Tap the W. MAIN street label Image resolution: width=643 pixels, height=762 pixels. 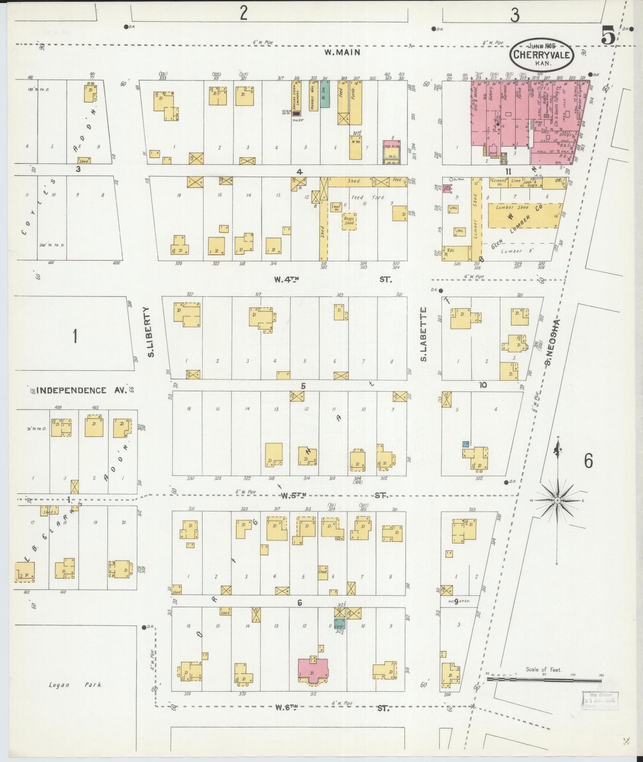342,52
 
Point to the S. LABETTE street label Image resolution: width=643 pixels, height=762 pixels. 423,334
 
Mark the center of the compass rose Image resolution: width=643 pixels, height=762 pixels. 557,501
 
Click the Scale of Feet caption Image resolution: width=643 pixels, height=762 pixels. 543,669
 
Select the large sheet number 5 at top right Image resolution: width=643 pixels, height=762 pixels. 608,35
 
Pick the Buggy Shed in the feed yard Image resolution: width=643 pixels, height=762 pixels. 349,221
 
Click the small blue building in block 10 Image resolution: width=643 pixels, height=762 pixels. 466,444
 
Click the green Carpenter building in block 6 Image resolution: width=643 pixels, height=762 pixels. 340,623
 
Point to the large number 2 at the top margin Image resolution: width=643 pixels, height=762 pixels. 243,13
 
